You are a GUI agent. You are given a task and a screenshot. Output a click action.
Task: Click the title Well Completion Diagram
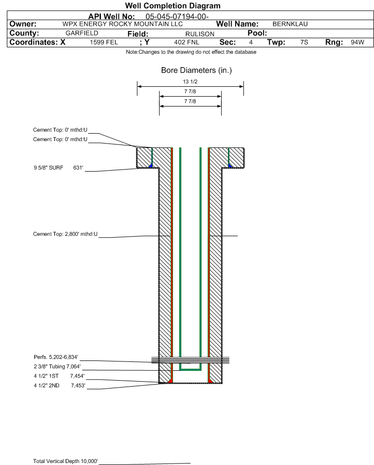coord(173,5)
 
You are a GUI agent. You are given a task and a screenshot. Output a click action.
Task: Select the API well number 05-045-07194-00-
coord(177,17)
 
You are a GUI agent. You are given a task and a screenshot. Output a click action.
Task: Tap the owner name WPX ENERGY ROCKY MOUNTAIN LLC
coord(122,24)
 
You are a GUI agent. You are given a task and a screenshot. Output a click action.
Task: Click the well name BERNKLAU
coord(290,24)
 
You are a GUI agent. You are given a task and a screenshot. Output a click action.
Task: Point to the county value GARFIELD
coord(82,33)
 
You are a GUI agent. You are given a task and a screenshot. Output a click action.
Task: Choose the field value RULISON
coord(200,34)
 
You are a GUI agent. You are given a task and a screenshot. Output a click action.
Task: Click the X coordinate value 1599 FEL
coord(104,42)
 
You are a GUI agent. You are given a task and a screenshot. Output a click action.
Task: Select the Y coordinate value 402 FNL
coord(187,42)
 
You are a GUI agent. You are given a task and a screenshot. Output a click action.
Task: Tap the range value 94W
coord(357,42)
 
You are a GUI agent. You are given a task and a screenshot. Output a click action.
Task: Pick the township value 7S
coord(304,42)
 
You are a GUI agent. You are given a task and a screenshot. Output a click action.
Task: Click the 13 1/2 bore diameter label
coord(190,81)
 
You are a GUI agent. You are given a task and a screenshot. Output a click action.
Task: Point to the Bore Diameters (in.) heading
coord(197,71)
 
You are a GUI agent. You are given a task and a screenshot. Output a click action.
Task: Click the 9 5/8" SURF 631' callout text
coord(58,168)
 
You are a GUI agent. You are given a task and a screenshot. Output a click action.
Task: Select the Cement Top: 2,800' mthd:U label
coord(65,234)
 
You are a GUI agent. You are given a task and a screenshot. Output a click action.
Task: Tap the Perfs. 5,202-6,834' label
coord(56,357)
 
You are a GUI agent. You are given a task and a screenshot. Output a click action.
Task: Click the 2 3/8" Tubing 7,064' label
coord(57,366)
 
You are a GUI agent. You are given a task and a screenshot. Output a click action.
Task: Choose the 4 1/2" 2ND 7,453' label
coord(60,386)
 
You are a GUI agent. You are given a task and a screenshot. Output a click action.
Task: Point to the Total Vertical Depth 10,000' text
coord(66,461)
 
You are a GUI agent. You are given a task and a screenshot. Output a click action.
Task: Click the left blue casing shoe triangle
coord(151,166)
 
